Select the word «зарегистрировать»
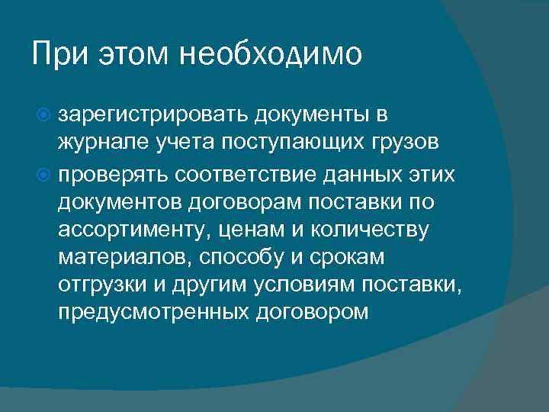click(x=156, y=116)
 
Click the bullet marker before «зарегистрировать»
click(x=45, y=116)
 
